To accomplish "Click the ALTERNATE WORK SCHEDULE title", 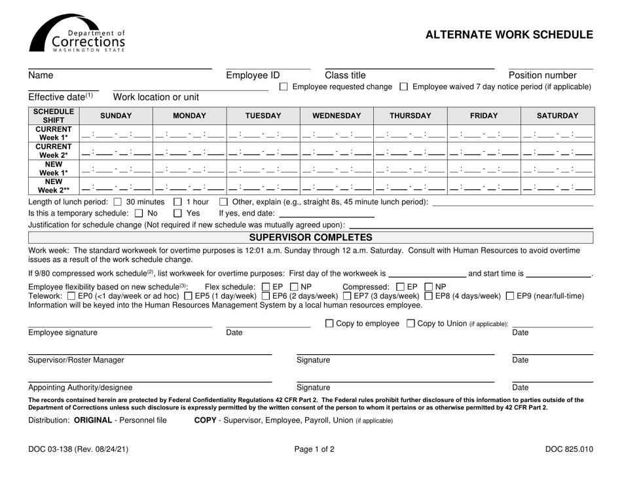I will [x=509, y=35].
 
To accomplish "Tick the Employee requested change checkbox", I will [x=284, y=87].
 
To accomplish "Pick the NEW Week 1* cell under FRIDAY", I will [x=492, y=168].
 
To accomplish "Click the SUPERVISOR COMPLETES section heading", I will [x=311, y=236].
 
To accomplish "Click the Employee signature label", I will [x=62, y=333].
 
